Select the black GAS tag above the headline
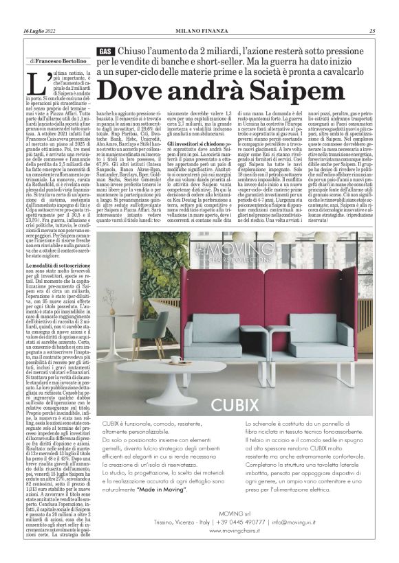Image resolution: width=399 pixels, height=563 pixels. coord(105,52)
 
